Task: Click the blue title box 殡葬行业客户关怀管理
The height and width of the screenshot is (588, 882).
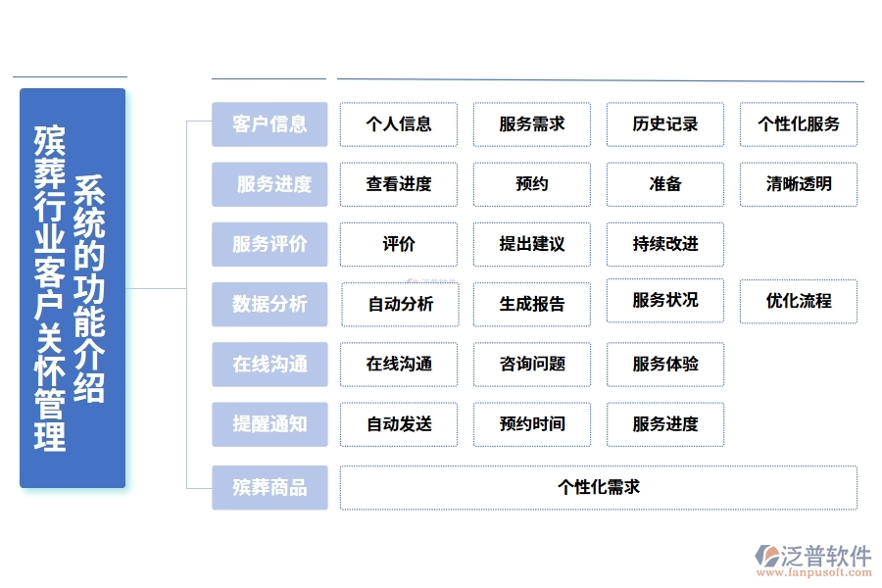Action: point(73,288)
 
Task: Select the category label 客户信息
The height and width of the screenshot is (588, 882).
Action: point(269,124)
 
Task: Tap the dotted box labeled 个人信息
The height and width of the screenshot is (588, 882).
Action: point(399,124)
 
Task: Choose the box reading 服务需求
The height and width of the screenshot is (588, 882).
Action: point(531,124)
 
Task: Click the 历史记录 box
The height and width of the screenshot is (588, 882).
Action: point(664,124)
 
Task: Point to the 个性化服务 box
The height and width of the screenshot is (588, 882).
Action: point(798,124)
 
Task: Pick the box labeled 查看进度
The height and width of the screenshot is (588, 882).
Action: point(399,184)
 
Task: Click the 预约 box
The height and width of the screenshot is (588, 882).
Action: point(531,184)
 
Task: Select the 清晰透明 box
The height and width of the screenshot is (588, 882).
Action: point(798,184)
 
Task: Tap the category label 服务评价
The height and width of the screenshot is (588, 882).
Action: point(269,244)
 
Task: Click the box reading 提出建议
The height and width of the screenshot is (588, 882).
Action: point(531,244)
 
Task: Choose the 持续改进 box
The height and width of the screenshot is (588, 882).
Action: point(664,244)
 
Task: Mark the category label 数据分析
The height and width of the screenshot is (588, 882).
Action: point(269,304)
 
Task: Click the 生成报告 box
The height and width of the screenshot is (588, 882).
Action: point(531,304)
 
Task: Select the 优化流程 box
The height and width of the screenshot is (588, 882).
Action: point(798,301)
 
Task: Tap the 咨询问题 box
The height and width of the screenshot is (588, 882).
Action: point(531,364)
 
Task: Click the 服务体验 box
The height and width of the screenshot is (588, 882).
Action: point(664,364)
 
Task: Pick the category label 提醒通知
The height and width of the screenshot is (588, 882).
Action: point(269,423)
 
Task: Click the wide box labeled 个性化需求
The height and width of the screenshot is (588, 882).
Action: point(598,487)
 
